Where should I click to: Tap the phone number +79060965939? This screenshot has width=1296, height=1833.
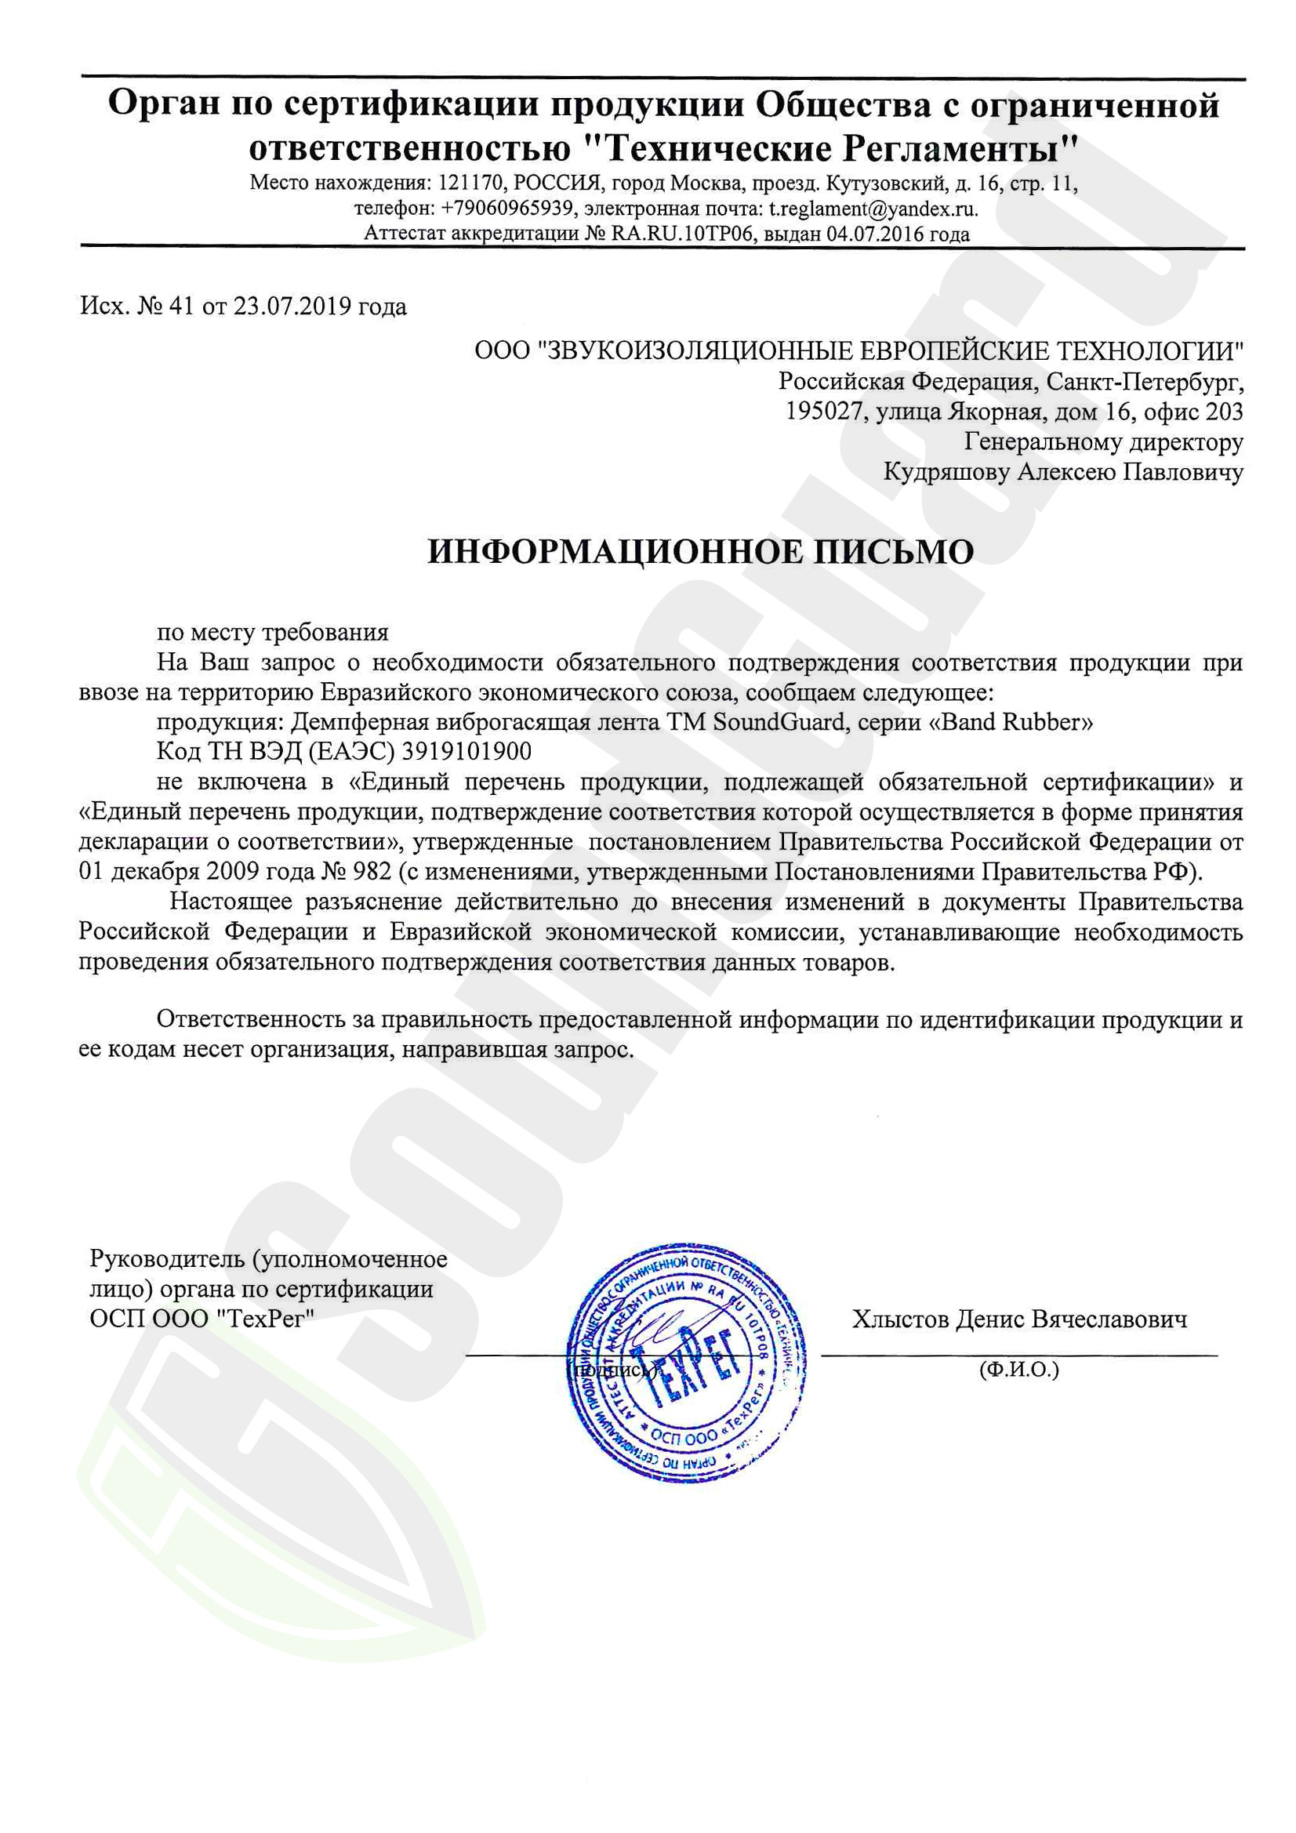click(x=507, y=209)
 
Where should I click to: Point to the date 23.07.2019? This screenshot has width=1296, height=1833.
click(x=292, y=307)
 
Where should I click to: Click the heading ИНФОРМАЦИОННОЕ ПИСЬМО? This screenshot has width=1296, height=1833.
click(x=700, y=552)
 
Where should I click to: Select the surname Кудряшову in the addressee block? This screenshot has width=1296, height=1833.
click(x=947, y=472)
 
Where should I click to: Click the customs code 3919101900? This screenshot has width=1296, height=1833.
click(x=466, y=751)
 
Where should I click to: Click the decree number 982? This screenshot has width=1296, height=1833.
click(x=372, y=871)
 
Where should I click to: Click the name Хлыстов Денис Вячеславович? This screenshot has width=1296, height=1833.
click(x=1019, y=1319)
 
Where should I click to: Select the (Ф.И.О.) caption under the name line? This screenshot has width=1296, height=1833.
click(x=1018, y=1370)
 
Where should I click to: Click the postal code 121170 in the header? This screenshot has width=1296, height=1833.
click(x=470, y=183)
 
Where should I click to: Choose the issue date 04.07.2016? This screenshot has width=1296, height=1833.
click(x=876, y=234)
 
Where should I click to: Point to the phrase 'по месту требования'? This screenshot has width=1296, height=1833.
click(x=272, y=632)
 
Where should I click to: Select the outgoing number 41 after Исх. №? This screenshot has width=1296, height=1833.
click(x=182, y=307)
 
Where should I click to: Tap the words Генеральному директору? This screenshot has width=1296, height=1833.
click(x=1104, y=441)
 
